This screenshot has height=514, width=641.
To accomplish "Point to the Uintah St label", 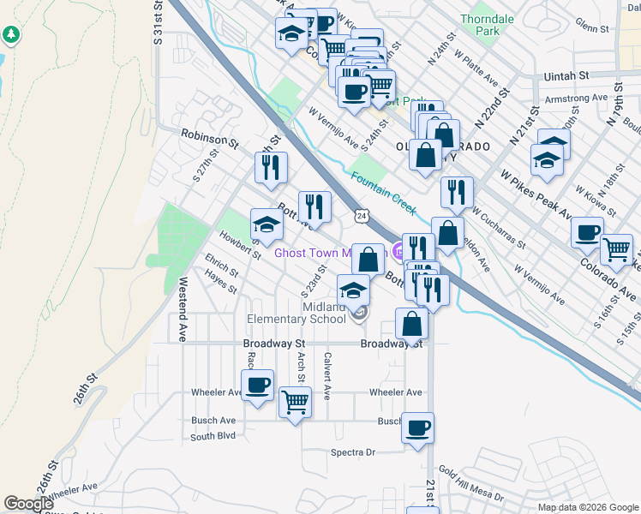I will (x=565, y=76).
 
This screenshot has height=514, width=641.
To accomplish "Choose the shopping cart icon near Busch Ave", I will (x=295, y=401).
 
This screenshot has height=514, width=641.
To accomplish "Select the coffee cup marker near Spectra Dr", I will (x=417, y=427).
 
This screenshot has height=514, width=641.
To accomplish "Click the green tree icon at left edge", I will (x=11, y=35).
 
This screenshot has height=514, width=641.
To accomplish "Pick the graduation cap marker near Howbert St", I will (x=267, y=224).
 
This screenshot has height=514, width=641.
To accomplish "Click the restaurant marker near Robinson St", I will (x=271, y=168).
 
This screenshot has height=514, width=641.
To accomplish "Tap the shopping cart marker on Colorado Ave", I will (x=616, y=249).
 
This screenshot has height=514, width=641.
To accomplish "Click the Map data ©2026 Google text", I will (x=587, y=507).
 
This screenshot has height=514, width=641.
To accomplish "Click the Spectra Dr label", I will (x=353, y=451).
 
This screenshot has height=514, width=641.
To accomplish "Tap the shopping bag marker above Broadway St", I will (x=412, y=323).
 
